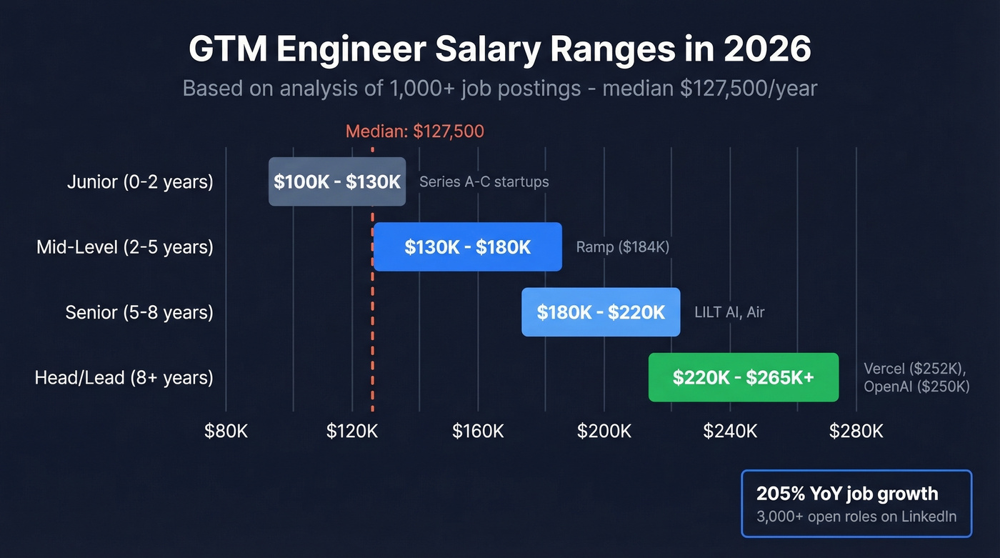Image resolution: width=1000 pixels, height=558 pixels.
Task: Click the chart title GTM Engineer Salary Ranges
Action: point(500,50)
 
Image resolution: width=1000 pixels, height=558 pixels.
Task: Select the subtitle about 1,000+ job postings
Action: point(500,88)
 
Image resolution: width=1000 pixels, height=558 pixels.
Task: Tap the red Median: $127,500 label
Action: point(414,131)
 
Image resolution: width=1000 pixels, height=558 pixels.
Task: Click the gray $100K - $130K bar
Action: point(337,181)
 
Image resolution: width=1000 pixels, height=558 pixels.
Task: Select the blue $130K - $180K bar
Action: point(468,247)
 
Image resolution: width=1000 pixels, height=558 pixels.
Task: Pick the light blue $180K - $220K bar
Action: point(601,312)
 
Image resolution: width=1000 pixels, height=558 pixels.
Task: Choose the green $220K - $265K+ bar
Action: point(743,377)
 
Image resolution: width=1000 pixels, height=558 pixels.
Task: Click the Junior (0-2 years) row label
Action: point(140,181)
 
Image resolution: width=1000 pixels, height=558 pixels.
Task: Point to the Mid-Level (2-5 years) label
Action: point(125,247)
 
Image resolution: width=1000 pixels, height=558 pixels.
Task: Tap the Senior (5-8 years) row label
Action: point(139,312)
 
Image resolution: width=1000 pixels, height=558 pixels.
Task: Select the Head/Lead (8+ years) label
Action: point(124,377)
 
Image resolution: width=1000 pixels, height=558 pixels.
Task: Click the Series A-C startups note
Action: point(484,181)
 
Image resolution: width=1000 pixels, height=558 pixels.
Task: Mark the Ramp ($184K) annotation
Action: point(622,247)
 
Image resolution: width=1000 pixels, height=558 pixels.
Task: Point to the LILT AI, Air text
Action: point(729,312)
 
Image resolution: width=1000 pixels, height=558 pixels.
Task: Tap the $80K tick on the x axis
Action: point(226,431)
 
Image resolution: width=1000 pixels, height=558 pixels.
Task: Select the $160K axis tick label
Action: point(478,431)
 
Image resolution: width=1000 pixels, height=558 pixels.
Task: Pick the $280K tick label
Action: point(856,431)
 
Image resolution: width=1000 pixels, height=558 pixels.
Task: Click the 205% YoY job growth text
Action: point(847,494)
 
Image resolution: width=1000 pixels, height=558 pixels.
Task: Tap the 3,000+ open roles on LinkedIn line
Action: point(856,517)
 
